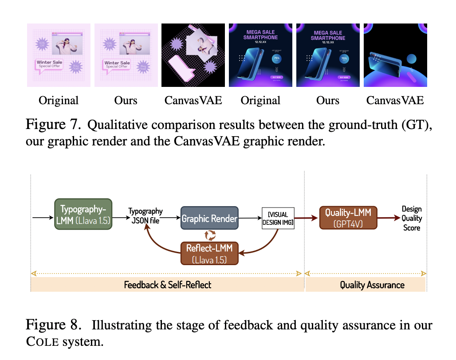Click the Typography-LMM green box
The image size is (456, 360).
coord(83,214)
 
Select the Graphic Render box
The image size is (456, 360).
coord(209,218)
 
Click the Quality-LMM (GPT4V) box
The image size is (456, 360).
coord(348,218)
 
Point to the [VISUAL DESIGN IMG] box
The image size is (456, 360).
coord(278,219)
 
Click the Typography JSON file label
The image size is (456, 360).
coord(145,215)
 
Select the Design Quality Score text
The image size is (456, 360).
coord(411,218)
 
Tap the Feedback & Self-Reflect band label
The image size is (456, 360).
coord(168,285)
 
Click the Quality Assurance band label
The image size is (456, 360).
coord(372,285)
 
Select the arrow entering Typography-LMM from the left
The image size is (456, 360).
coord(43,218)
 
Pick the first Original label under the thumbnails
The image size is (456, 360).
coord(59,101)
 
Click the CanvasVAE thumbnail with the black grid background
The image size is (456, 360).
coord(193,55)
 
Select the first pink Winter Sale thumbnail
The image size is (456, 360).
coord(59,55)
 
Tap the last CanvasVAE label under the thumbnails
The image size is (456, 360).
coord(395,101)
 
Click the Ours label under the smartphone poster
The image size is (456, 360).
coord(328,101)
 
